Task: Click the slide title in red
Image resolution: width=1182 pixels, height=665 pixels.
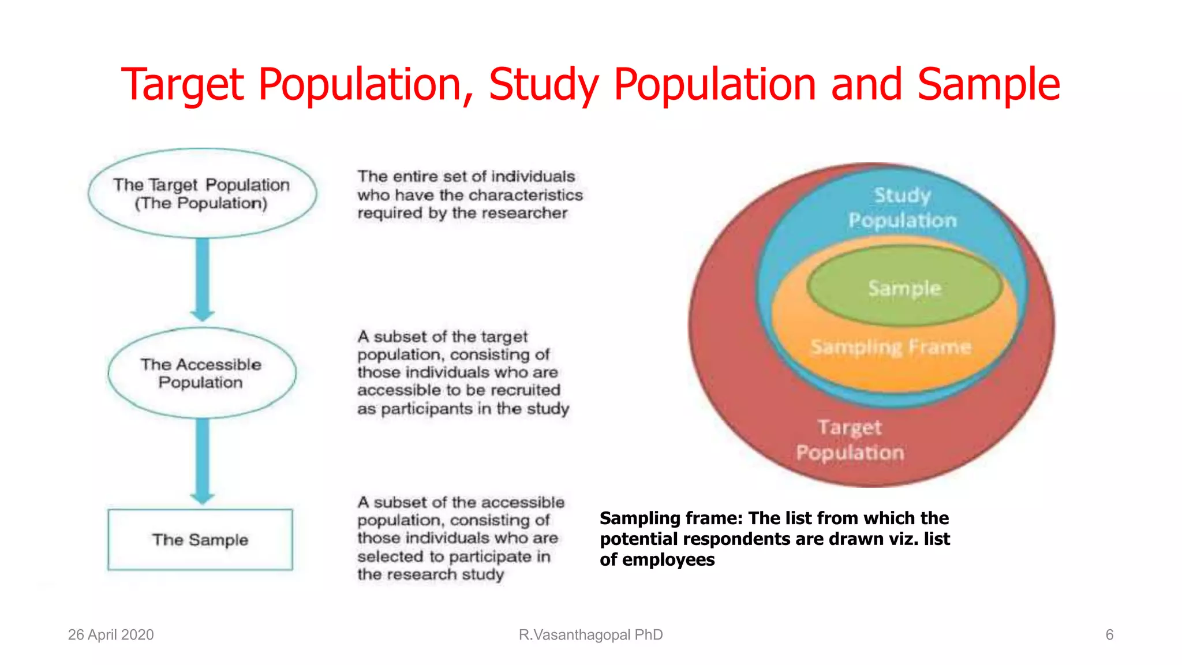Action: [x=590, y=84]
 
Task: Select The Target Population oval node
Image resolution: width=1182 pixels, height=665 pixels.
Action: [x=202, y=193]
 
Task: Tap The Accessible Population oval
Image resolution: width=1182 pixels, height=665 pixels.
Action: [x=201, y=373]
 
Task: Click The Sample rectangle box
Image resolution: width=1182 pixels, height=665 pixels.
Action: [x=200, y=540]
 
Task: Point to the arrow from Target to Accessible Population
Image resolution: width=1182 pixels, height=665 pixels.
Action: [x=203, y=280]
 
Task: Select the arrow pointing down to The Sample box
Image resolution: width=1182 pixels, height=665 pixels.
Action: [x=203, y=460]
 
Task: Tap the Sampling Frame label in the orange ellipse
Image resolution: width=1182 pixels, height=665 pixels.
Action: [x=891, y=347]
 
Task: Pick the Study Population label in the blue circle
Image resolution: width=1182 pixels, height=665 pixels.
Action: [x=903, y=208]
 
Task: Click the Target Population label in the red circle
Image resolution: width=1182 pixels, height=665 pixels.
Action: [x=850, y=440]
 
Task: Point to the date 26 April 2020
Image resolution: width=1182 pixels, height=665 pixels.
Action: [x=111, y=635]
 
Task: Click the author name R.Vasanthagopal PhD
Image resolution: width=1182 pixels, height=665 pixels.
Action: [x=590, y=635]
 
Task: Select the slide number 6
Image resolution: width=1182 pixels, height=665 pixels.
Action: [x=1109, y=635]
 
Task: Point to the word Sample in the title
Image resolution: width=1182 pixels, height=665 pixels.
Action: [x=989, y=84]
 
